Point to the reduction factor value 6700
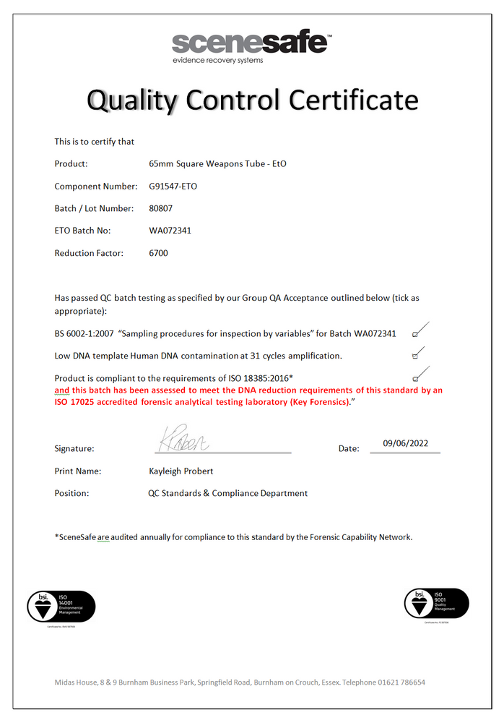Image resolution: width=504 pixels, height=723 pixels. [x=158, y=254]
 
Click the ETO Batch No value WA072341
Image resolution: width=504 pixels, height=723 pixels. [x=170, y=231]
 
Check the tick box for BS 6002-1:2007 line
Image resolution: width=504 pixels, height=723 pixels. [x=415, y=335]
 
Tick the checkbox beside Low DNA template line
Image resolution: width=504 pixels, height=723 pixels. [x=415, y=356]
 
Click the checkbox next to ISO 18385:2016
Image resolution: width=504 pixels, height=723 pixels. [x=415, y=379]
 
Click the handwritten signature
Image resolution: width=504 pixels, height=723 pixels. [x=183, y=439]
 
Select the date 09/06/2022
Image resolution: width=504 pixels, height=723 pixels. [x=405, y=444]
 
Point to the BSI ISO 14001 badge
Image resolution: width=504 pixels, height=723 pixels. [x=61, y=606]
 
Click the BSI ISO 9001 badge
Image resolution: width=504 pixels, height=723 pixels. [x=436, y=604]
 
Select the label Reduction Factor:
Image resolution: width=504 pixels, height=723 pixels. [x=89, y=254]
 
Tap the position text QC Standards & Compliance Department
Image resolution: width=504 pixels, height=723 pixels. [x=223, y=494]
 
